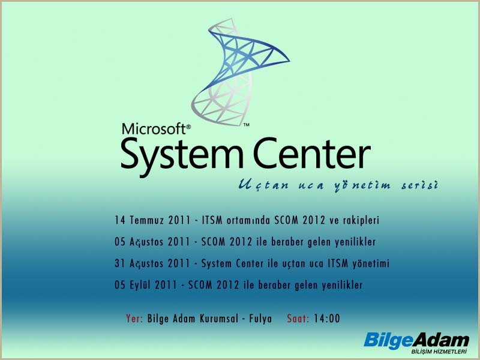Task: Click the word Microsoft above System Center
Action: [x=154, y=129]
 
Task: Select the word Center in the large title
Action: [x=312, y=153]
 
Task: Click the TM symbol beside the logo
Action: [x=246, y=125]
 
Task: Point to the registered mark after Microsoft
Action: [x=188, y=126]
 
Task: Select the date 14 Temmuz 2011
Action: [x=152, y=220]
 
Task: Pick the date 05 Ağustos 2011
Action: [x=152, y=242]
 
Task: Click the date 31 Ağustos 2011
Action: [x=152, y=263]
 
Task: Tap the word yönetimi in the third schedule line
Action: [x=371, y=263]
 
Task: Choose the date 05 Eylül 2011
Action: [x=146, y=285]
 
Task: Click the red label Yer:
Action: [x=134, y=319]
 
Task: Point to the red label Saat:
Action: [x=298, y=319]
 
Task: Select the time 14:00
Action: [x=327, y=319]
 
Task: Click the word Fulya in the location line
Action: [x=260, y=319]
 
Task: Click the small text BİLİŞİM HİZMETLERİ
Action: [x=439, y=352]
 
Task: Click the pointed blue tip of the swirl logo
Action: [x=289, y=61]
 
